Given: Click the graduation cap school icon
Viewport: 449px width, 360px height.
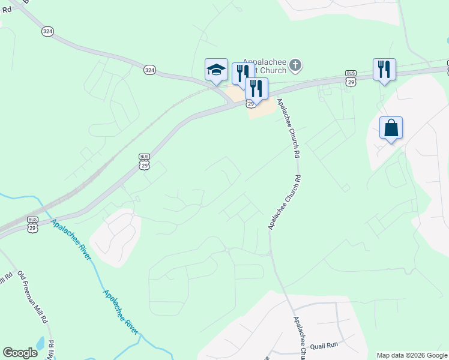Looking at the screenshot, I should tap(216, 70).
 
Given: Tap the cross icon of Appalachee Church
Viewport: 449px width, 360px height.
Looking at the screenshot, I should tap(295, 65).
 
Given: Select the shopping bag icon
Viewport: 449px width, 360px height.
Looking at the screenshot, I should tap(391, 128).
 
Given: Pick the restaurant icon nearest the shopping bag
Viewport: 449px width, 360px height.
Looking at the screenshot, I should tap(384, 69).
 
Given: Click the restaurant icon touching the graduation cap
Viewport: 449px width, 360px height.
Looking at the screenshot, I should tap(242, 73).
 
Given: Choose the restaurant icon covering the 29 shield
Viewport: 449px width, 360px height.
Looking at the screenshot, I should tap(256, 88).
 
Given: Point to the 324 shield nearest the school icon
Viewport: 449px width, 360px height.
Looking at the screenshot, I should tap(149, 70).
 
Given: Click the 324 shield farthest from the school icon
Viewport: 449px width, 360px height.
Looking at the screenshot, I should tap(47, 31).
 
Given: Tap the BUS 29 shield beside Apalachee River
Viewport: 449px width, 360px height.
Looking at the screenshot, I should tap(33, 224).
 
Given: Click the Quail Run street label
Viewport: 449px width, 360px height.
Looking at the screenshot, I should tap(324, 345).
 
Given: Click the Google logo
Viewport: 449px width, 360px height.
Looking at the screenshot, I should tap(20, 353).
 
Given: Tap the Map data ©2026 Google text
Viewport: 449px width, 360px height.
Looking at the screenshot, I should tap(412, 355).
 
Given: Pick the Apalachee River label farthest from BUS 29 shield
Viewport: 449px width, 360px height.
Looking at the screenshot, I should tap(121, 313).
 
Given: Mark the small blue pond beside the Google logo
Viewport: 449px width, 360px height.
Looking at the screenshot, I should tap(41, 344).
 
